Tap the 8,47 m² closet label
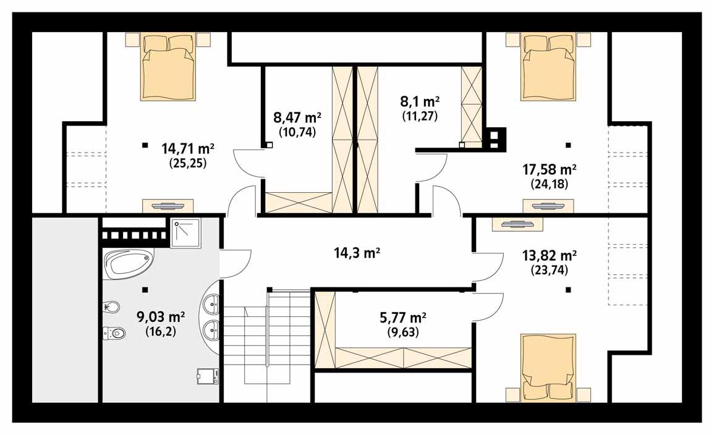(x=297, y=117)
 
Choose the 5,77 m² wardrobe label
(x=401, y=318)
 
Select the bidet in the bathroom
(x=112, y=306)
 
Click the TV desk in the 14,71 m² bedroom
(x=168, y=206)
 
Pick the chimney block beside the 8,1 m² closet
(x=495, y=139)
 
